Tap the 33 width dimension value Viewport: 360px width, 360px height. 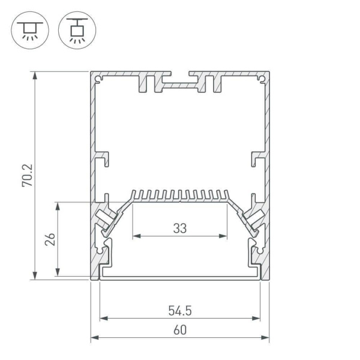tap(179, 228)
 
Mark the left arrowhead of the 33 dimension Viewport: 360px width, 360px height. tap(135, 236)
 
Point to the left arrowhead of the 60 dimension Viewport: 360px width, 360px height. tap(94, 338)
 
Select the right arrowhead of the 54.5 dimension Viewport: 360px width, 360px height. tap(257, 318)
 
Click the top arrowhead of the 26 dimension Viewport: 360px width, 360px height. tap(58, 205)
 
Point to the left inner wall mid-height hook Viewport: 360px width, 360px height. tap(103, 159)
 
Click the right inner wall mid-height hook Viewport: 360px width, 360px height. tap(257, 159)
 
